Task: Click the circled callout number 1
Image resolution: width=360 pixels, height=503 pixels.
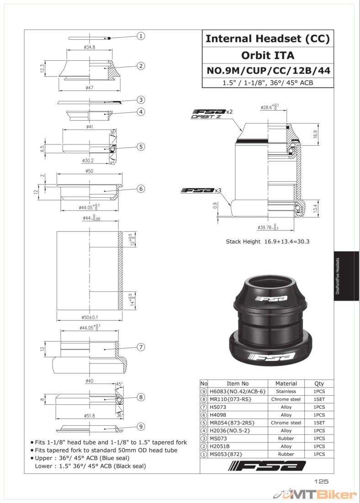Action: (141, 36)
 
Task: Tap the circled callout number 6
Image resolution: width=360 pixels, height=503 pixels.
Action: (141, 189)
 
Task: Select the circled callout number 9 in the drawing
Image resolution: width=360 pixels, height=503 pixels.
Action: (141, 427)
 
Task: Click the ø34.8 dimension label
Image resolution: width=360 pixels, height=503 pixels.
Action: (89, 47)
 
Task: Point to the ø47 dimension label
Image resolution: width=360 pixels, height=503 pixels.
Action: (90, 88)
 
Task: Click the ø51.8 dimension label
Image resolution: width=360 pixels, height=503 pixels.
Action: (90, 416)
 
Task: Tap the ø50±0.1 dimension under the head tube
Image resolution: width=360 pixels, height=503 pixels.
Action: (90, 318)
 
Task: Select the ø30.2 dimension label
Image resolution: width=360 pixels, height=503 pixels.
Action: (88, 160)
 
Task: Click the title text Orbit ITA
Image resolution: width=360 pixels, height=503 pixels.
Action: (268, 55)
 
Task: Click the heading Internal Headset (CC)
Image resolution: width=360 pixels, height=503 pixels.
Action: (268, 39)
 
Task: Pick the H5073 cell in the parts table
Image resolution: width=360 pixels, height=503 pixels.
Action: (218, 407)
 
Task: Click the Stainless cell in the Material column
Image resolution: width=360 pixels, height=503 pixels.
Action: (286, 392)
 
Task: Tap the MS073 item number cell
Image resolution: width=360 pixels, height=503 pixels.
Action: (218, 439)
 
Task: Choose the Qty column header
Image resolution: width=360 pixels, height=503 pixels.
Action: (319, 383)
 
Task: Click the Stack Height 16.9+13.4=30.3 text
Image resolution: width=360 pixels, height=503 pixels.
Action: (268, 242)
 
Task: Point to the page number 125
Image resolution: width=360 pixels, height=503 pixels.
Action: (321, 481)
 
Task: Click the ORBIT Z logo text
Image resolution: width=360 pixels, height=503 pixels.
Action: (206, 116)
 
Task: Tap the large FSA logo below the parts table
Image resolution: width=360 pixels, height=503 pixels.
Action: (267, 466)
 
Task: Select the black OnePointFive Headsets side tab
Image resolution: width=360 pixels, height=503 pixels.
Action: (346, 276)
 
